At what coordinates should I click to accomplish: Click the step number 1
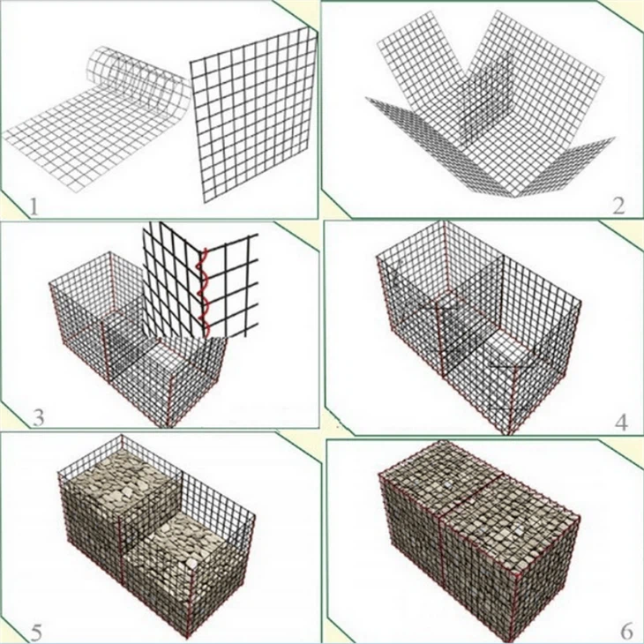[x=33, y=207]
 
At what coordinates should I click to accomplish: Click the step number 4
[x=620, y=420]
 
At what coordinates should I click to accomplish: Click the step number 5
[x=35, y=631]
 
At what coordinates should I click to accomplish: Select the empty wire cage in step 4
[x=476, y=326]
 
